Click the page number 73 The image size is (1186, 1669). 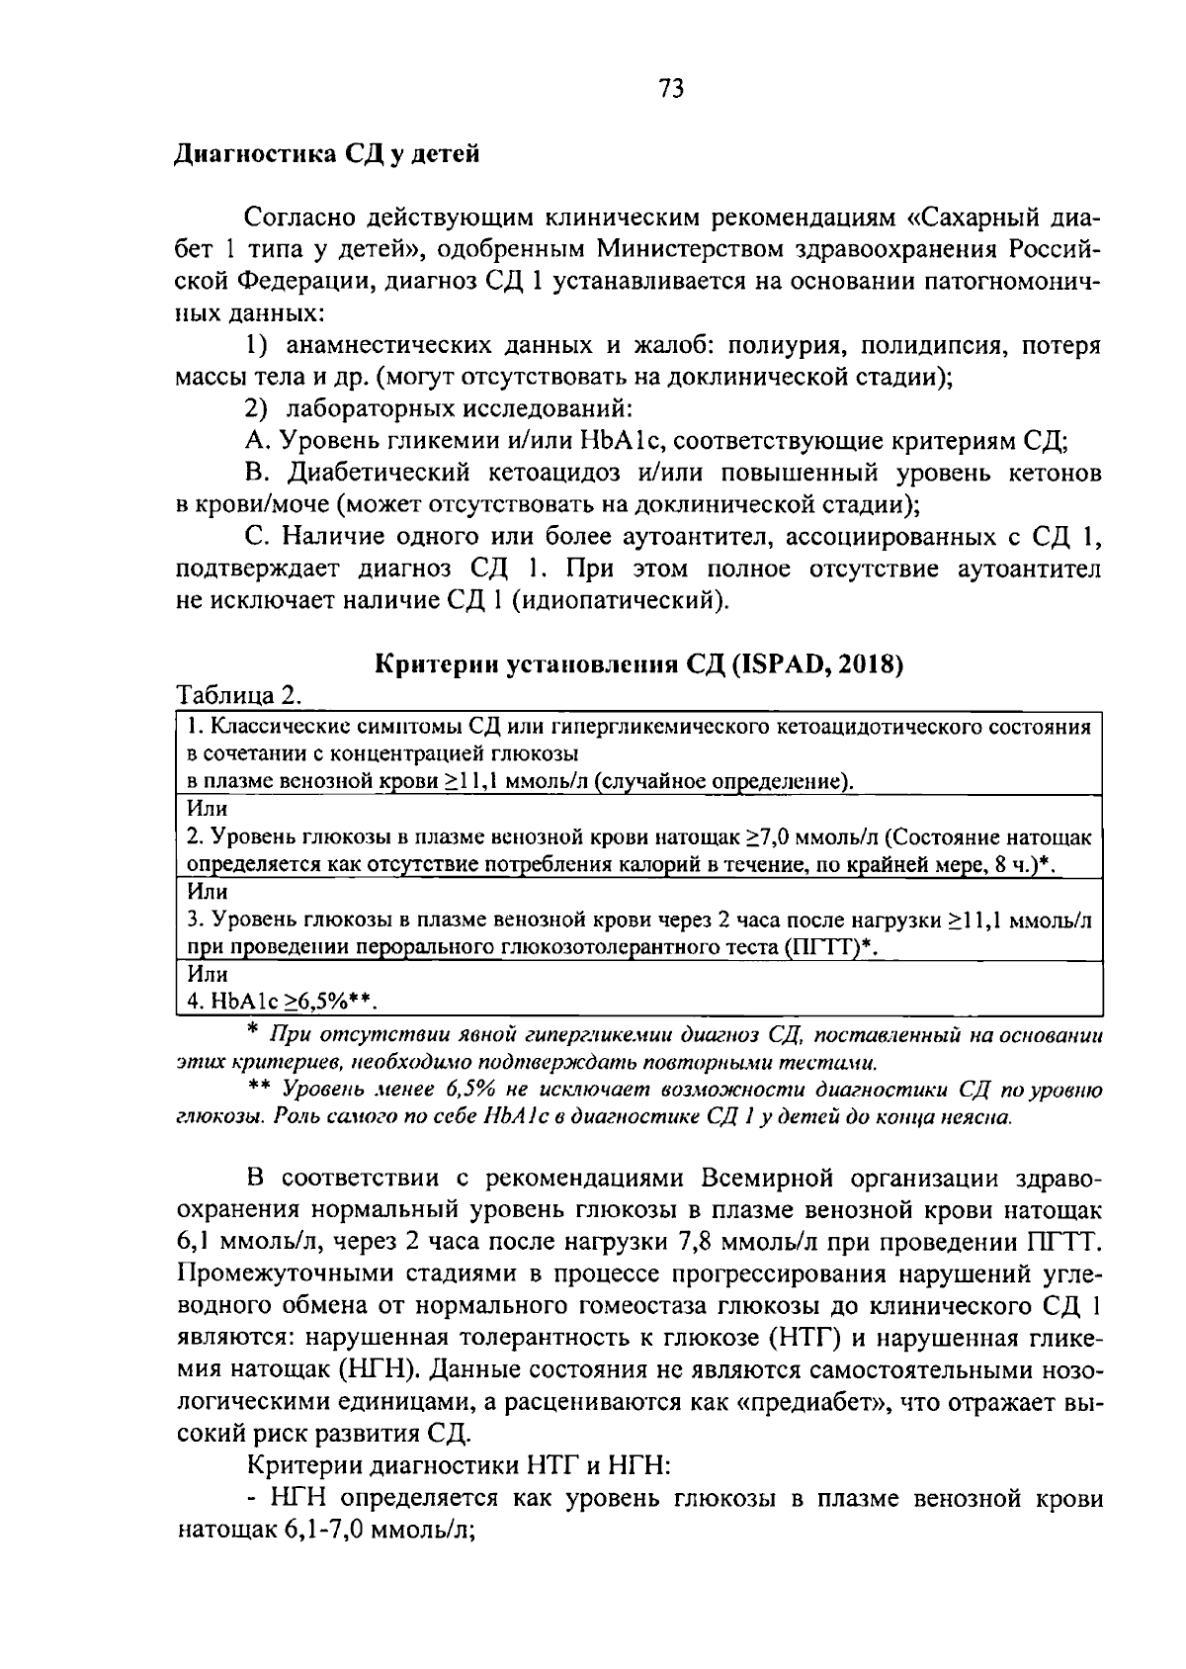click(x=669, y=90)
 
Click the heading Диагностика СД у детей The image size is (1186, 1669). click(x=326, y=155)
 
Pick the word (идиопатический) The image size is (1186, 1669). click(x=623, y=600)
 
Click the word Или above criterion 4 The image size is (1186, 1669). click(x=207, y=974)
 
